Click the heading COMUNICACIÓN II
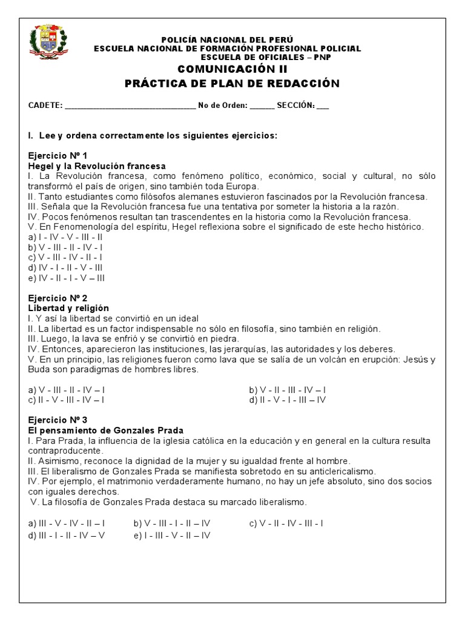(232, 70)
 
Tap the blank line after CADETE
(130, 105)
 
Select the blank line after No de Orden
(262, 105)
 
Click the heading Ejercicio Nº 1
(58, 155)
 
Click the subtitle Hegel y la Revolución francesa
(97, 166)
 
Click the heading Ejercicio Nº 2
(58, 298)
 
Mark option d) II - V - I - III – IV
(288, 400)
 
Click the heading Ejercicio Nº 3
(58, 420)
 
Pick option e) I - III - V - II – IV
(172, 535)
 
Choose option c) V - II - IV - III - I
(286, 523)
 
